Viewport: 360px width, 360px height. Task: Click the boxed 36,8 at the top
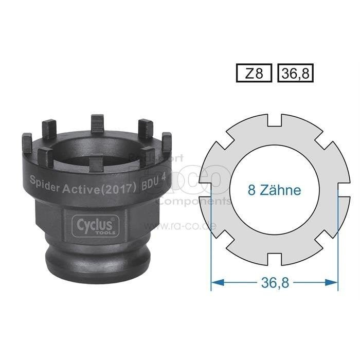pos(295,74)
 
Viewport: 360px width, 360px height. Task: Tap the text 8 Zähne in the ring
pos(274,190)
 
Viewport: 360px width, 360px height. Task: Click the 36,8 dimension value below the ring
pos(275,282)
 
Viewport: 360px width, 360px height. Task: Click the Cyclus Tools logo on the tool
pos(96,225)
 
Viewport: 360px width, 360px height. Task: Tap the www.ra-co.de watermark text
pos(179,225)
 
